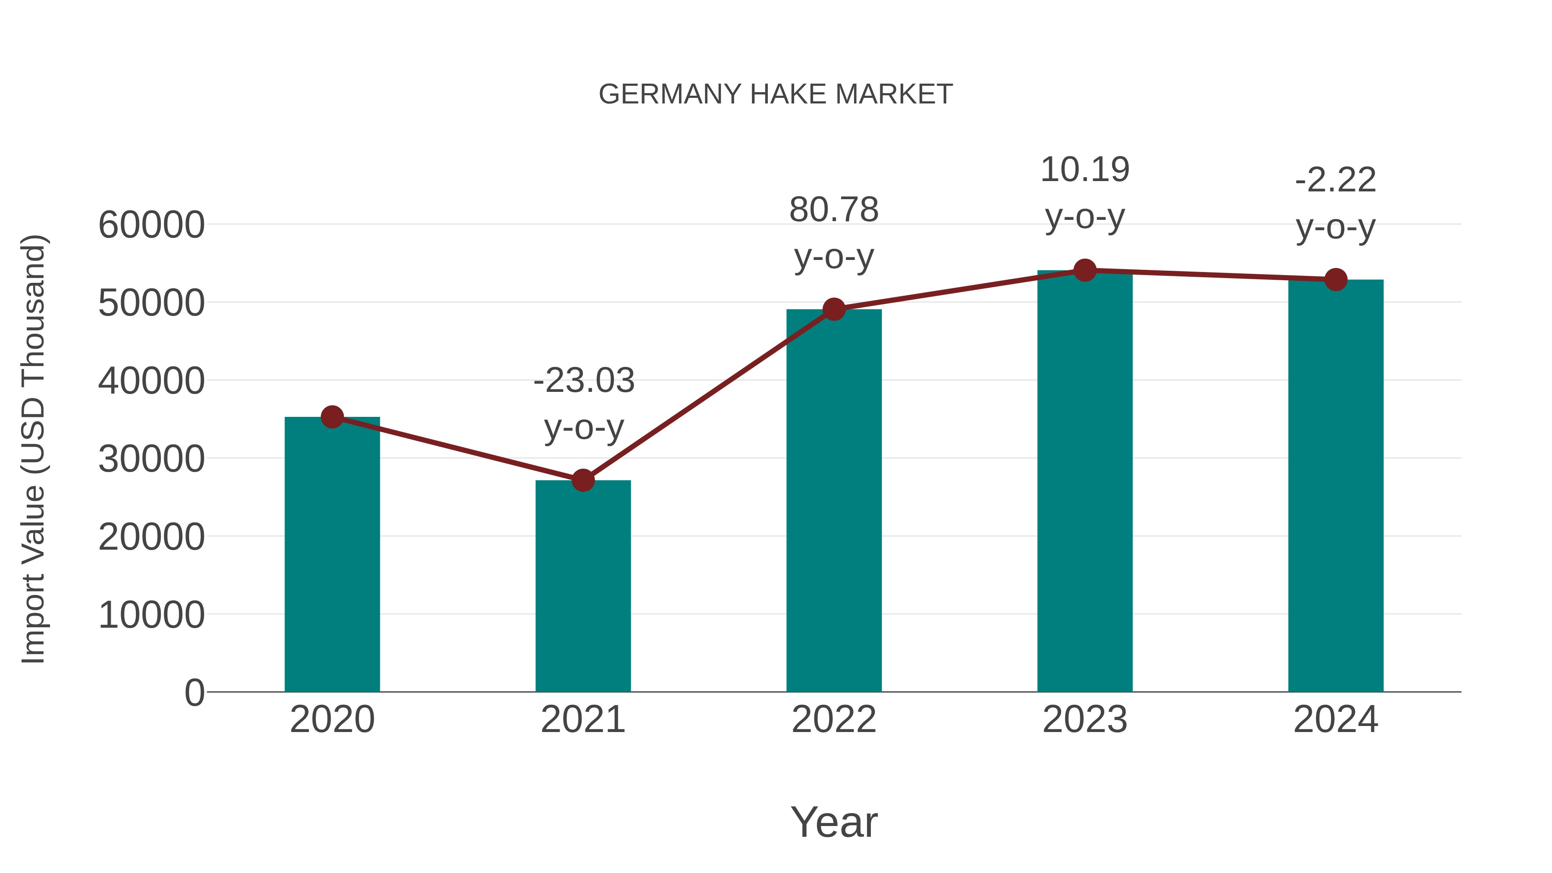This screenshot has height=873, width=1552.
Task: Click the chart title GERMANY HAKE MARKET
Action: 776,94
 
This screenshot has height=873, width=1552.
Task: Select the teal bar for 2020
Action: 332,554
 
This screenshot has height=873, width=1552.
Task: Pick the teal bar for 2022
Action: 834,500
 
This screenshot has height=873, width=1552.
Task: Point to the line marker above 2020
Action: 332,416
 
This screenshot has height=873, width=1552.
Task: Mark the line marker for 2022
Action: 834,309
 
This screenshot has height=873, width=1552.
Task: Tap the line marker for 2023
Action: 1085,270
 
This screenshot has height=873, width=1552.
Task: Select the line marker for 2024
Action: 1336,279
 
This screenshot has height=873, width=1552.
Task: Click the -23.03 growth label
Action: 584,381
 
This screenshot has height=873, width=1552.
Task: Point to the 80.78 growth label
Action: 834,210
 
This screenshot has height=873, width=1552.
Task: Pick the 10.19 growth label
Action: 1085,170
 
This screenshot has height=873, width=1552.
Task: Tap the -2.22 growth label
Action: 1336,180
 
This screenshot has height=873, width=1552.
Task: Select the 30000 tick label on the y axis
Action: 151,459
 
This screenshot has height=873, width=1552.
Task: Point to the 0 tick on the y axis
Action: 194,692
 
